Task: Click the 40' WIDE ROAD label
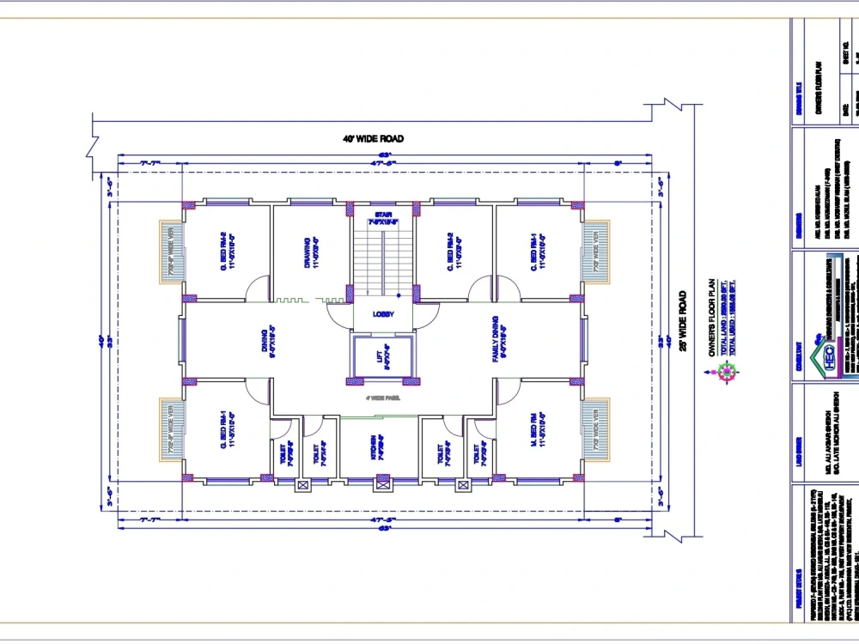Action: [373, 138]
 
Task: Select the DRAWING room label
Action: [315, 254]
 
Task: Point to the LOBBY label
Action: [383, 314]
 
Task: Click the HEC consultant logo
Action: [829, 353]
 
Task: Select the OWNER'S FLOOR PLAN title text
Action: [712, 317]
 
